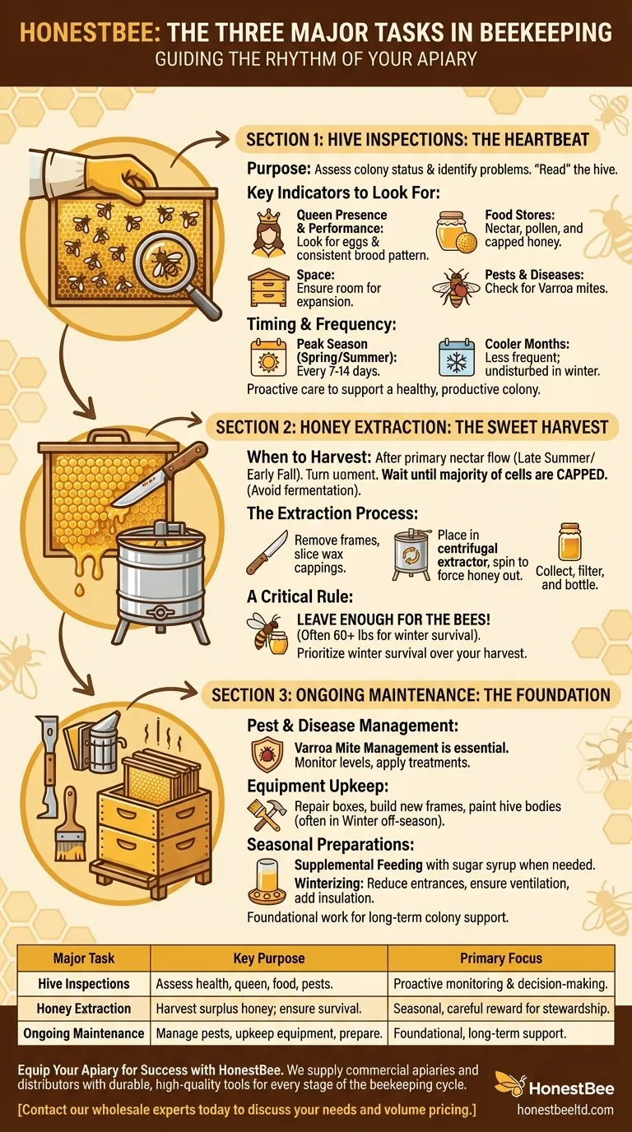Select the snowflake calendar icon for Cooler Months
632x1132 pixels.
[x=456, y=358]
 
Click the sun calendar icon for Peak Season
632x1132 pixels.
[x=268, y=358]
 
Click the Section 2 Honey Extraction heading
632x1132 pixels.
[x=411, y=427]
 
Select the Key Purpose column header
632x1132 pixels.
[x=268, y=958]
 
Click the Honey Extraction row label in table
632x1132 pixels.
[x=84, y=1009]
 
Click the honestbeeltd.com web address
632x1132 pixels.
[x=565, y=1110]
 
